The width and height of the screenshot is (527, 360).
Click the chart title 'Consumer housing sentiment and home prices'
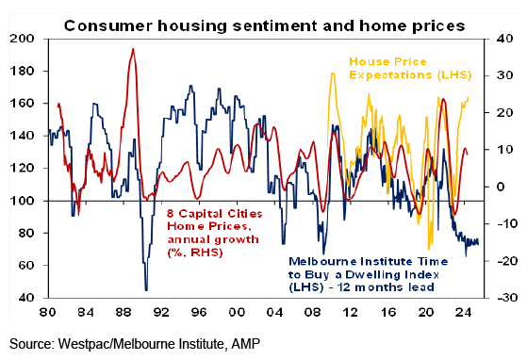click(x=265, y=25)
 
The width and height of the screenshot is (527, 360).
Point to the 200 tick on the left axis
click(x=23, y=39)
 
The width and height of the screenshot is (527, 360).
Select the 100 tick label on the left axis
click(x=23, y=201)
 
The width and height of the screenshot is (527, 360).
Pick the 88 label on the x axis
click(x=124, y=312)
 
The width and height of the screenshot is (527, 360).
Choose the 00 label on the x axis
click(x=237, y=312)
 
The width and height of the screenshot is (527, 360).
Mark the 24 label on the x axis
click(x=464, y=312)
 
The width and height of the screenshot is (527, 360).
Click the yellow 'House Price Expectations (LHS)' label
click(x=410, y=69)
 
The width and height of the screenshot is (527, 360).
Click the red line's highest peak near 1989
click(x=133, y=49)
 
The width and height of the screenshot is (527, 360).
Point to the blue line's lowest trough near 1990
click(x=146, y=290)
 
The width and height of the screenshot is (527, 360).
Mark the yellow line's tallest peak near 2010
click(x=333, y=73)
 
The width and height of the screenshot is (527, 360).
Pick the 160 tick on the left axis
click(x=23, y=104)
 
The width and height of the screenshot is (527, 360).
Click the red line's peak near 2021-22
click(x=444, y=99)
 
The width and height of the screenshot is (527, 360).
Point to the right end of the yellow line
click(x=469, y=97)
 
